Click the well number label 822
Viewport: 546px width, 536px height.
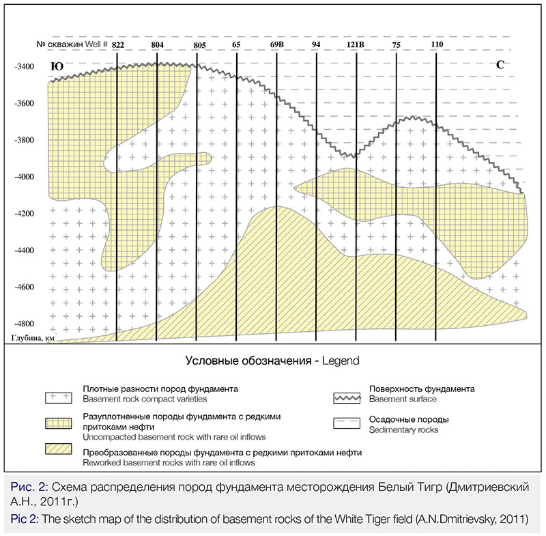118,44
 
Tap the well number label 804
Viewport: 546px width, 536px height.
157,44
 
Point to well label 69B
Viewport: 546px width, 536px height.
277,44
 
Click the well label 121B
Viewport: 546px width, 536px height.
356,44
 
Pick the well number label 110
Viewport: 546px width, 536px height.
437,44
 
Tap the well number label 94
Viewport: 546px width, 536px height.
316,44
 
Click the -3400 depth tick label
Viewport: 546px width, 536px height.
24,67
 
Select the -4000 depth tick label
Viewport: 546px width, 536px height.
24,177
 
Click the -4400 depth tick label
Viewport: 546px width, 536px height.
24,251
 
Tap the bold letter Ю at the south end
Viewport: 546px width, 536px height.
57,67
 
